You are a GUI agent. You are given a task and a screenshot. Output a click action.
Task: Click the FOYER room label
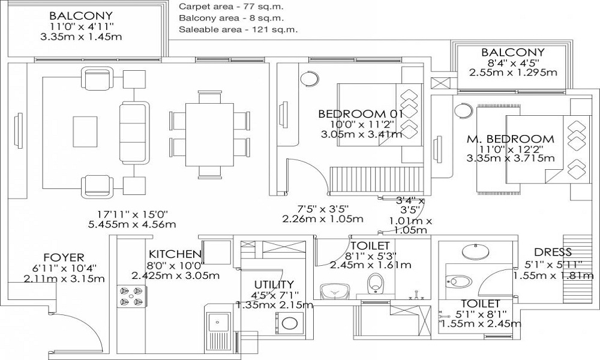pos(64,257)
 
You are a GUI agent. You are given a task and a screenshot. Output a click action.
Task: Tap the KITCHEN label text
pos(175,254)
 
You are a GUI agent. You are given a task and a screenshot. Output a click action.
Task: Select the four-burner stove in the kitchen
pos(131,297)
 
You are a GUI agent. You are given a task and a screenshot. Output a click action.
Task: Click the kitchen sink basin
pos(219,322)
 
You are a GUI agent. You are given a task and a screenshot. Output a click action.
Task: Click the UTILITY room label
pos(274,284)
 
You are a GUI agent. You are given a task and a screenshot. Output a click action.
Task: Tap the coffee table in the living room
pos(85,131)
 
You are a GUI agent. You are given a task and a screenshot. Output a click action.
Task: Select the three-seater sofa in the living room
pos(134,133)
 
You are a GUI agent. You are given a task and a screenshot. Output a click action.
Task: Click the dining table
pos(209,134)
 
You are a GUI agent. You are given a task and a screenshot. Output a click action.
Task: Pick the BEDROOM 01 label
pos(361,114)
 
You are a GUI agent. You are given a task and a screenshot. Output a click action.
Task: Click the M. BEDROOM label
pos(510,139)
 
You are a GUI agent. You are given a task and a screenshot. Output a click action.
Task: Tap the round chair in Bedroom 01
pos(309,79)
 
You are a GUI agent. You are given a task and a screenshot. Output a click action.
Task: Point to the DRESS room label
pos(553,252)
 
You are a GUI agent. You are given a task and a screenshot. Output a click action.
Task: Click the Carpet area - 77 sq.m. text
pos(232,7)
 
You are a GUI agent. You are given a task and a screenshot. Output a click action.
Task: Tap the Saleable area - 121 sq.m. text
pos(238,29)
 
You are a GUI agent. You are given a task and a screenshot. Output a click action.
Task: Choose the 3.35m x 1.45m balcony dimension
pos(81,37)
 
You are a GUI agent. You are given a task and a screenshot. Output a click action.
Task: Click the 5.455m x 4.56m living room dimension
pos(132,224)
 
